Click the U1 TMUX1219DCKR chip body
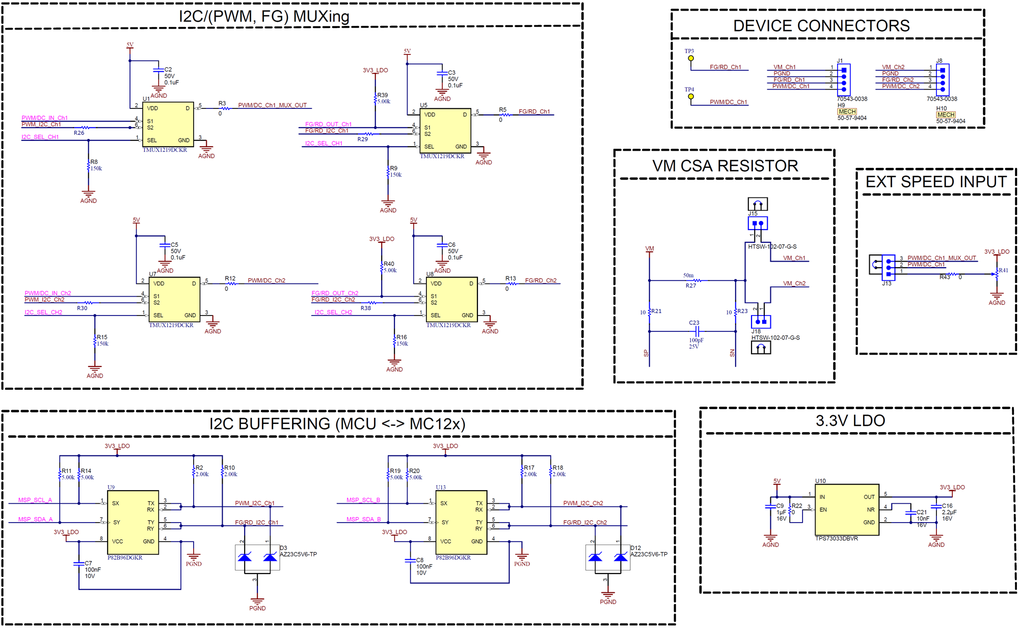tap(168, 124)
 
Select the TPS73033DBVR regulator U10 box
tap(846, 509)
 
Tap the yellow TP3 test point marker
tap(691, 58)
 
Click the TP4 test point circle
tap(691, 96)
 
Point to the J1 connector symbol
tap(844, 79)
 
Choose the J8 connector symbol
tap(943, 79)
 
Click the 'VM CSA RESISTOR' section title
tap(725, 166)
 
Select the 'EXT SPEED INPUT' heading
tap(935, 182)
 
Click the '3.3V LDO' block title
tap(850, 421)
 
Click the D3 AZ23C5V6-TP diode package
tap(257, 558)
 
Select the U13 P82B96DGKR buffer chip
tap(461, 522)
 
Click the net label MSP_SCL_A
tap(35, 500)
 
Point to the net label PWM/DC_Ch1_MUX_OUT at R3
tap(272, 105)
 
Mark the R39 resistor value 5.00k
tap(384, 101)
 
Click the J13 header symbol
tap(888, 267)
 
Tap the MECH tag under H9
tap(847, 111)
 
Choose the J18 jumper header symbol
tap(760, 322)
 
